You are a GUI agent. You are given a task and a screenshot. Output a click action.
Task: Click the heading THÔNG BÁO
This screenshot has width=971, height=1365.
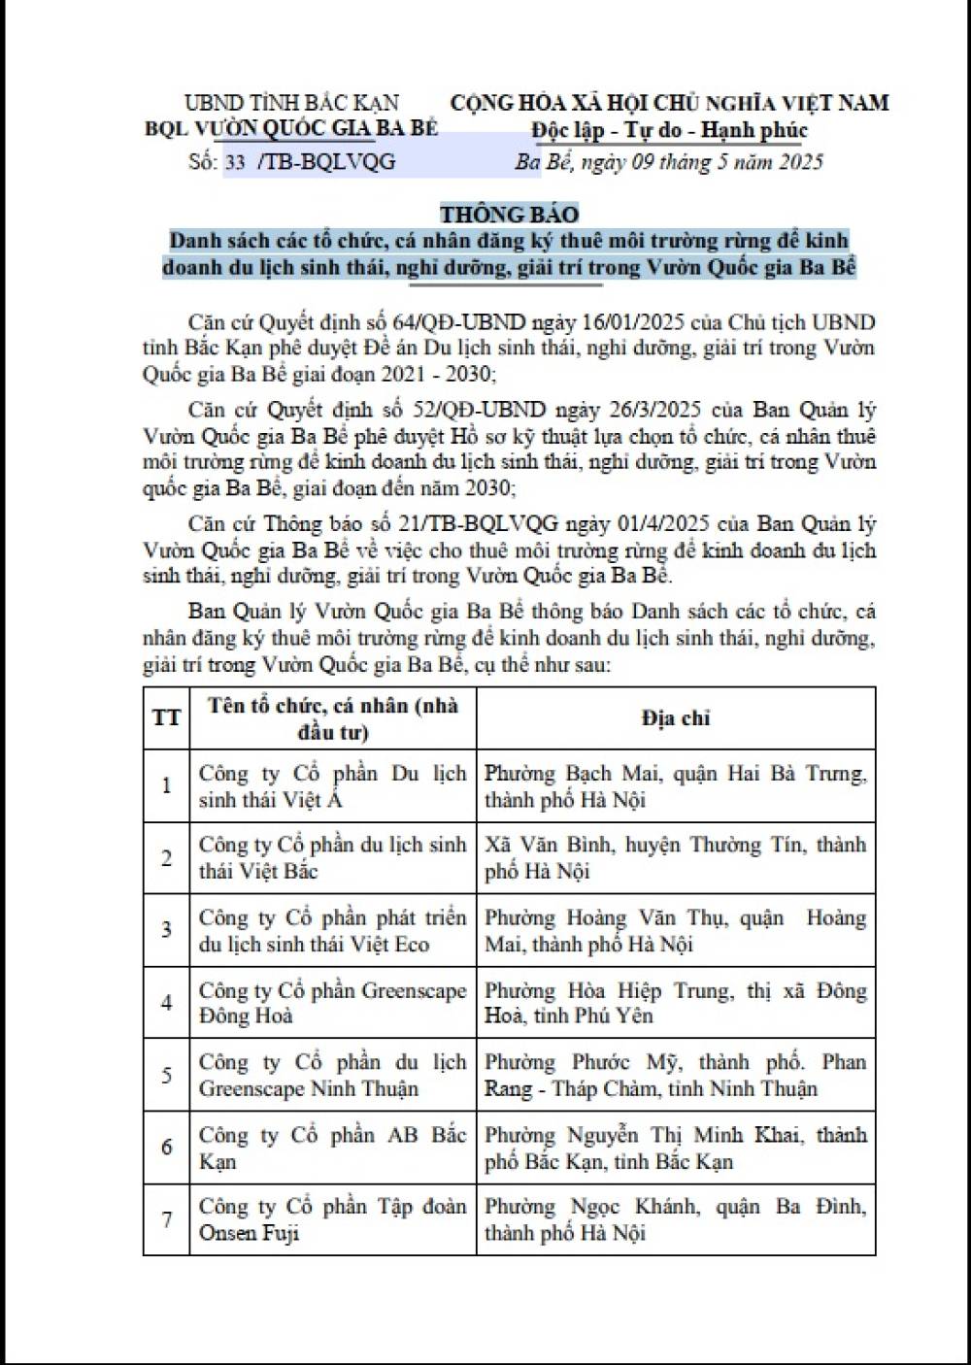tap(509, 214)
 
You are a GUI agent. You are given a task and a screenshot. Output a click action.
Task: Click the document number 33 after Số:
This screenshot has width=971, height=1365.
tap(234, 162)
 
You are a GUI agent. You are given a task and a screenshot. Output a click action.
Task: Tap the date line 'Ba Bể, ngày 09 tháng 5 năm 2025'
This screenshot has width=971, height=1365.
tap(669, 162)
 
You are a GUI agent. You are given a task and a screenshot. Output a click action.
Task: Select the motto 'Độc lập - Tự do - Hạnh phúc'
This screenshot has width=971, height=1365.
tap(669, 130)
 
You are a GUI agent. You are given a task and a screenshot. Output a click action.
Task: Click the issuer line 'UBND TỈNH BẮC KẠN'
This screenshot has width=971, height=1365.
tap(291, 103)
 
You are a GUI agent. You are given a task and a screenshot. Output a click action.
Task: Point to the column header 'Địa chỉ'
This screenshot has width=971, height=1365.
tap(676, 718)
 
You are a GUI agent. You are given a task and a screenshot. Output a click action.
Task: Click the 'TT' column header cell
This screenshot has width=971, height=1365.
tap(166, 718)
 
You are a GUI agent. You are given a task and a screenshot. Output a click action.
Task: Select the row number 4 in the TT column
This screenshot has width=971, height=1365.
tap(166, 1003)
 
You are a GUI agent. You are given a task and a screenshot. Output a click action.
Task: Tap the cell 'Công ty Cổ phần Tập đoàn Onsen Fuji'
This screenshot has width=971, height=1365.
tap(332, 1219)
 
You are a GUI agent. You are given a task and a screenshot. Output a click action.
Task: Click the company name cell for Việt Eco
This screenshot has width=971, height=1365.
tap(332, 930)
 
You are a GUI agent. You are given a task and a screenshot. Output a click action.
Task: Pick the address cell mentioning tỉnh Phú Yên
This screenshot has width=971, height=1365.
tap(676, 1003)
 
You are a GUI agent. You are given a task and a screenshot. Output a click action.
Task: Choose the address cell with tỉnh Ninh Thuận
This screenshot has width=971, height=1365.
tap(676, 1075)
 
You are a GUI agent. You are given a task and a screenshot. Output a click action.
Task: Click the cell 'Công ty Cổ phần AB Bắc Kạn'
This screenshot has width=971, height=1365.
tap(332, 1148)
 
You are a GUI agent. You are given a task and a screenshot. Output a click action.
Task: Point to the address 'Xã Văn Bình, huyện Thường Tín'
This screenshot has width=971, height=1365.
tap(676, 858)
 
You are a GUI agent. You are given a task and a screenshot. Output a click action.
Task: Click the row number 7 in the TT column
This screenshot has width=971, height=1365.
tap(166, 1219)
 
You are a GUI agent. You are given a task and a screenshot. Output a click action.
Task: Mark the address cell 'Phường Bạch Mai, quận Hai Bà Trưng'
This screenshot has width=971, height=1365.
tap(676, 786)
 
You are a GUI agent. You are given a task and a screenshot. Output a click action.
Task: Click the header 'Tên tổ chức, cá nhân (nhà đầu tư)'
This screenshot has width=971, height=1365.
tap(332, 718)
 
